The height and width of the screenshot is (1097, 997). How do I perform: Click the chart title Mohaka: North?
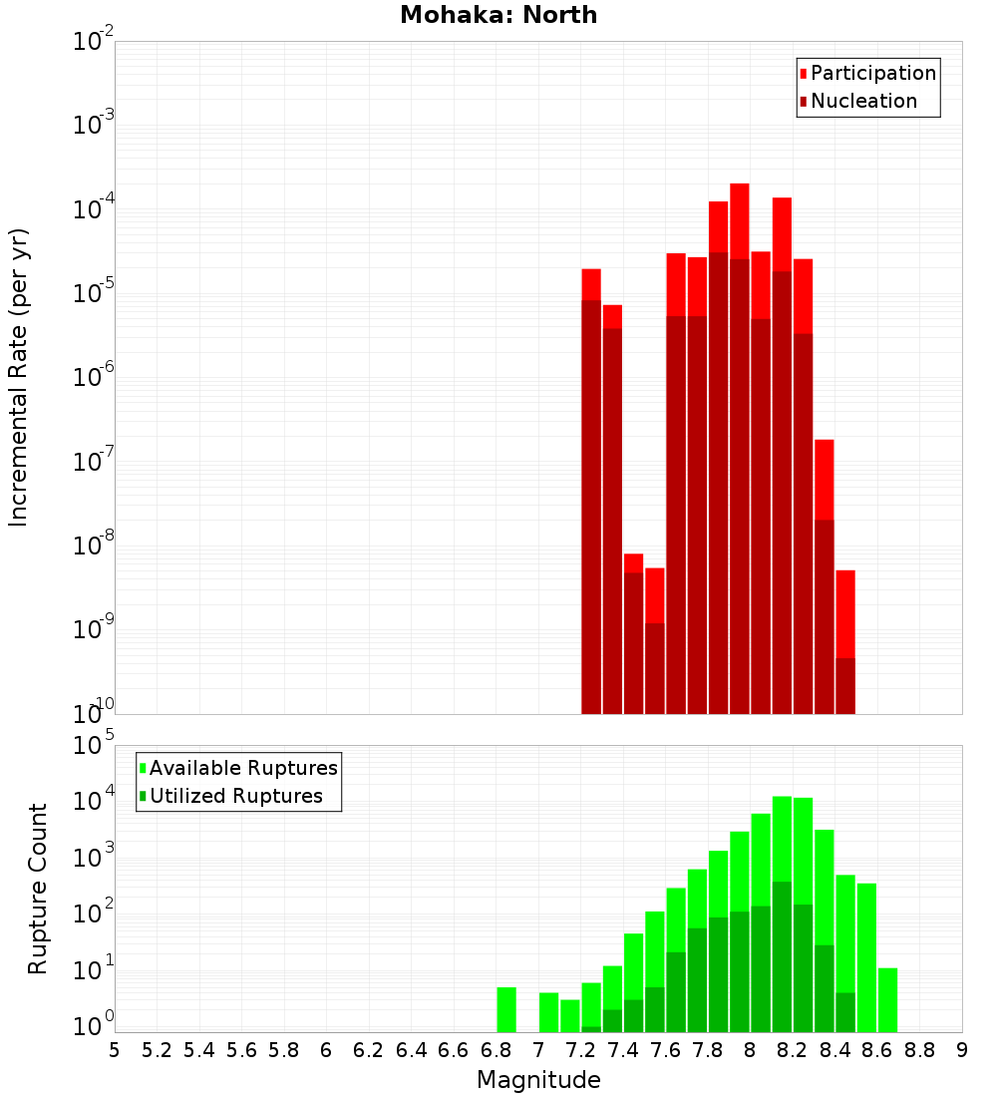[498, 15]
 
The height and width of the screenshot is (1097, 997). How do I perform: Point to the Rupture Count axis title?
[38, 888]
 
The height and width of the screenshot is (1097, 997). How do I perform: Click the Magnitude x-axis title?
[538, 1080]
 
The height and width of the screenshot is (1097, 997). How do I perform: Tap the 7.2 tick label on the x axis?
[580, 1050]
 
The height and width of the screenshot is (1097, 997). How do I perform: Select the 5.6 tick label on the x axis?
[241, 1050]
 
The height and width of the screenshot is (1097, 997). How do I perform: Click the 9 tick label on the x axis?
[961, 1050]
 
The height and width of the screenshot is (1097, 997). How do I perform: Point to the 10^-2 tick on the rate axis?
[92, 42]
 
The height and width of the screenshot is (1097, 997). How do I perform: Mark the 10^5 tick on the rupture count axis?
[92, 746]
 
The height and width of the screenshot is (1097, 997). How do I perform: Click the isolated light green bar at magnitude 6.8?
[506, 1009]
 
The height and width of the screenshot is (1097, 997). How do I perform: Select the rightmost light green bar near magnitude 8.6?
[887, 999]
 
